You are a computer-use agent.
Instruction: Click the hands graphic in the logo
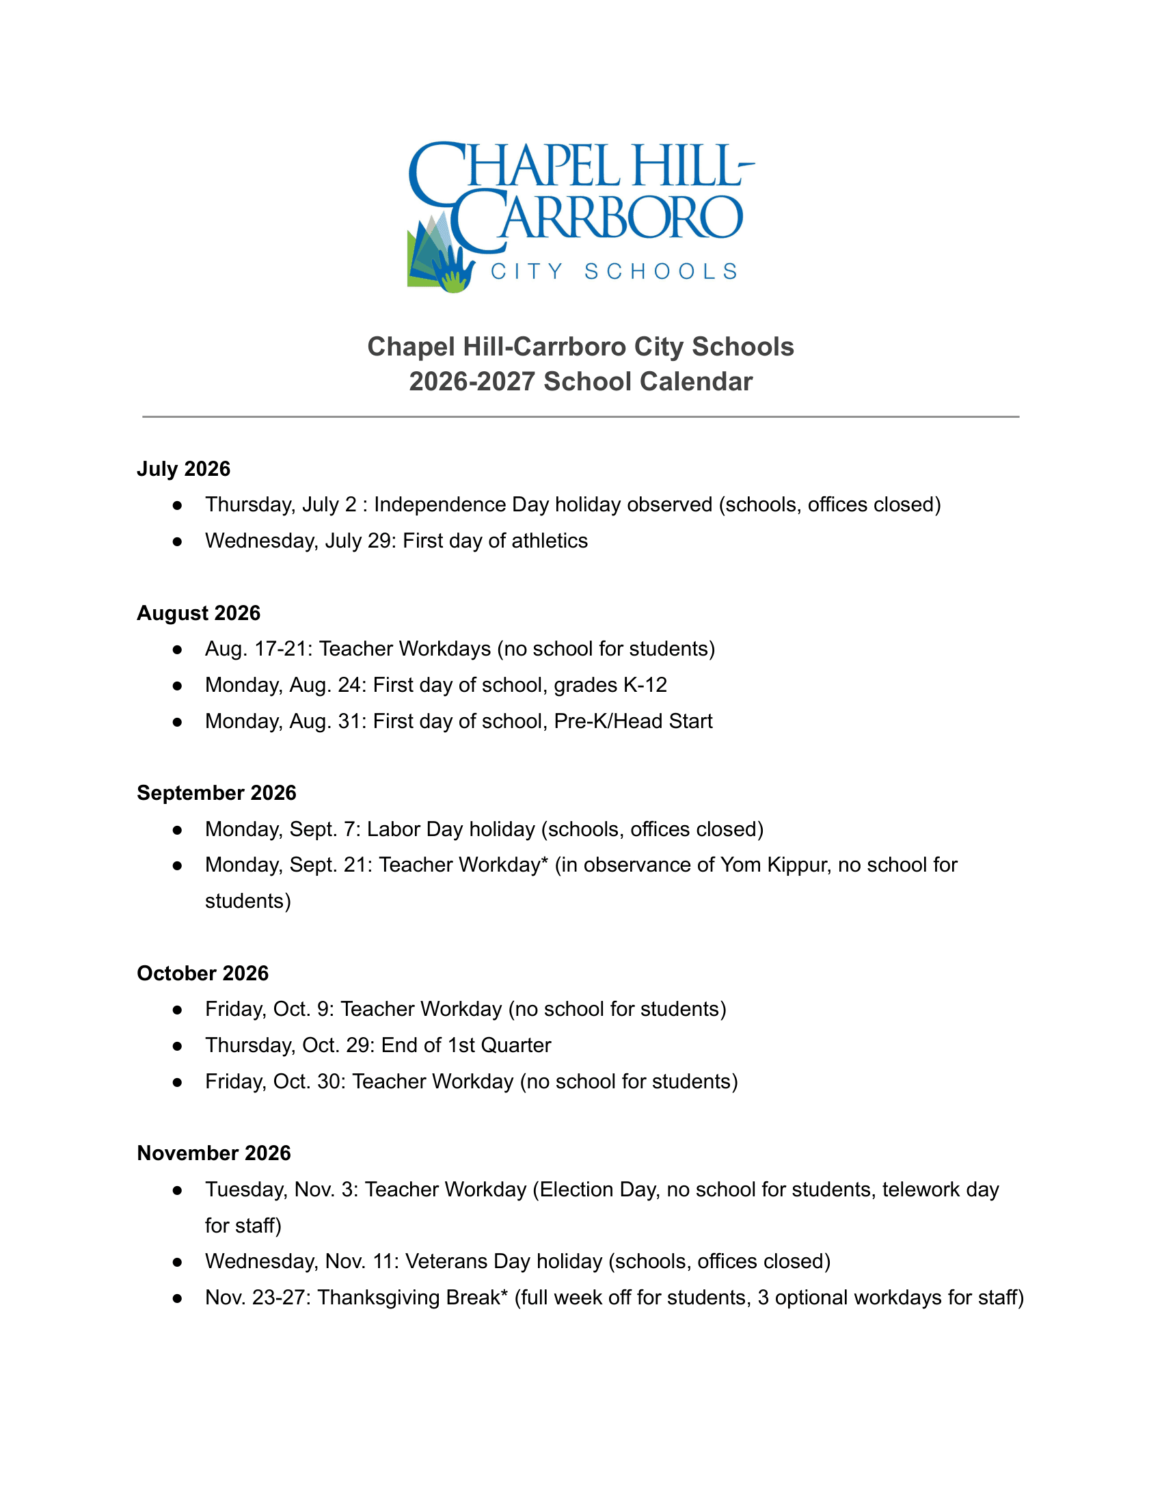pos(451,271)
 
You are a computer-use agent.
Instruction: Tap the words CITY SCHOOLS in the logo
pos(613,271)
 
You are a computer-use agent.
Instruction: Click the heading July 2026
pos(183,469)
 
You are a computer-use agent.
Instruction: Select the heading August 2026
pos(198,613)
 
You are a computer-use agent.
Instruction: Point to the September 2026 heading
pos(216,792)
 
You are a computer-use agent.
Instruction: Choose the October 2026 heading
pos(202,973)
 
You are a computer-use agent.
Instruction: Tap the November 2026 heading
pos(213,1153)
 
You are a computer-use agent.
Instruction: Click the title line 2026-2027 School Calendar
pos(580,381)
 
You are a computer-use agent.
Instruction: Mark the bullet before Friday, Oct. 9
pos(178,1010)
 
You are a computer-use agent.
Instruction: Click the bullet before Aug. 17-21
pos(178,649)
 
